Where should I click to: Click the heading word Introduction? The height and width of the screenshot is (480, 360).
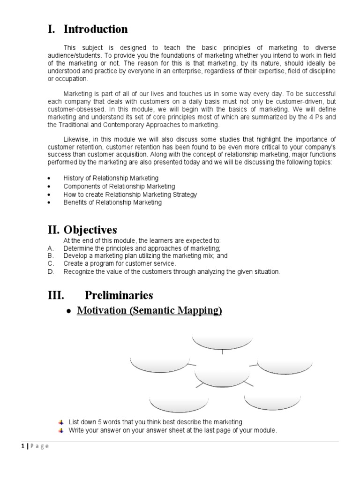point(96,30)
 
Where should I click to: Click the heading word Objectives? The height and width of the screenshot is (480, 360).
point(92,230)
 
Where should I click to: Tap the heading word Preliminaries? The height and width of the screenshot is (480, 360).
point(119,295)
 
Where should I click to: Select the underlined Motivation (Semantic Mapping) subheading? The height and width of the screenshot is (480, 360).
point(149,311)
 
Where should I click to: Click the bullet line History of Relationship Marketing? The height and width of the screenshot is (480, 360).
point(111,178)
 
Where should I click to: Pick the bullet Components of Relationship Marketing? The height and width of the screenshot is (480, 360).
point(119,186)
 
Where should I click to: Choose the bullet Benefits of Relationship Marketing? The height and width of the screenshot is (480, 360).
point(112,202)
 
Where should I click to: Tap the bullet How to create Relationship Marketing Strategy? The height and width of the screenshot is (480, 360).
point(130,195)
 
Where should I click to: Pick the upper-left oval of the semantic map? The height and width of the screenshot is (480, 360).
point(160,364)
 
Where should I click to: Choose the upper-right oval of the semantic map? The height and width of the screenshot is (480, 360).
point(285,365)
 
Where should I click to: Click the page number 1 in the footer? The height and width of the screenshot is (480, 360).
point(22,447)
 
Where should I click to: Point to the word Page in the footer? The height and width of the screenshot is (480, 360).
point(39,447)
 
